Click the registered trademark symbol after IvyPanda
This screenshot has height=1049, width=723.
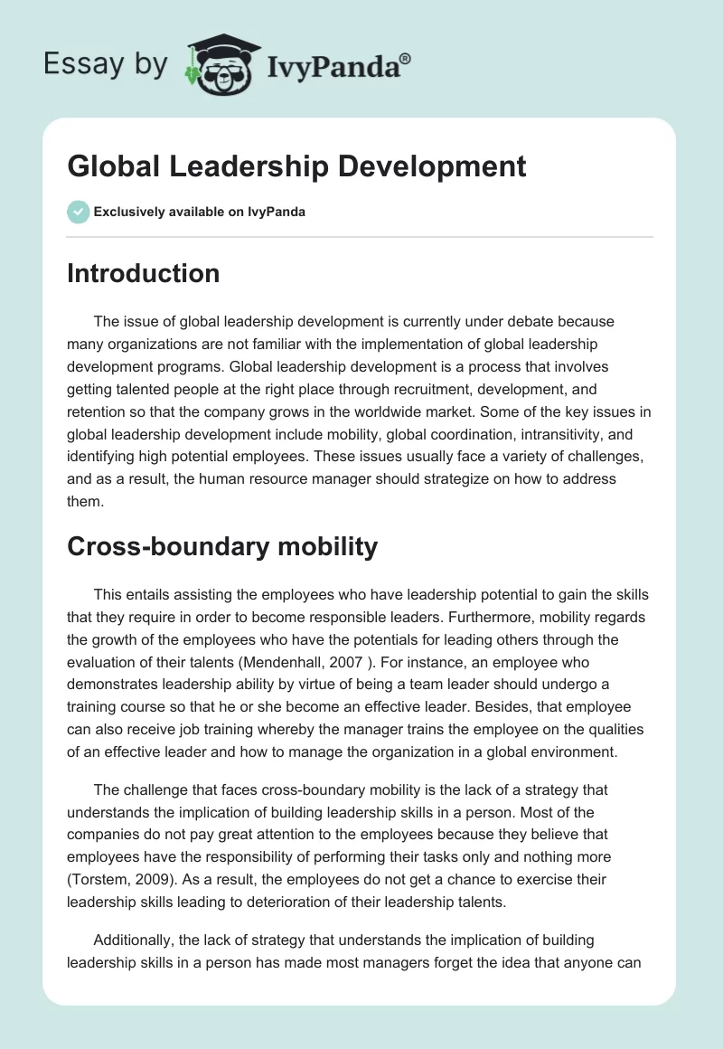point(406,59)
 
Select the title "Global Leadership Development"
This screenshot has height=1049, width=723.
point(296,166)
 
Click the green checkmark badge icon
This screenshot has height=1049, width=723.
point(78,212)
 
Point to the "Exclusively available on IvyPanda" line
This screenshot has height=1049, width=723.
point(200,213)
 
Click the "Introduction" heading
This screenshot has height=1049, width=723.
point(143,273)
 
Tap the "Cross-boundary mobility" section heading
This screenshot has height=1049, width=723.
point(221,545)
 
